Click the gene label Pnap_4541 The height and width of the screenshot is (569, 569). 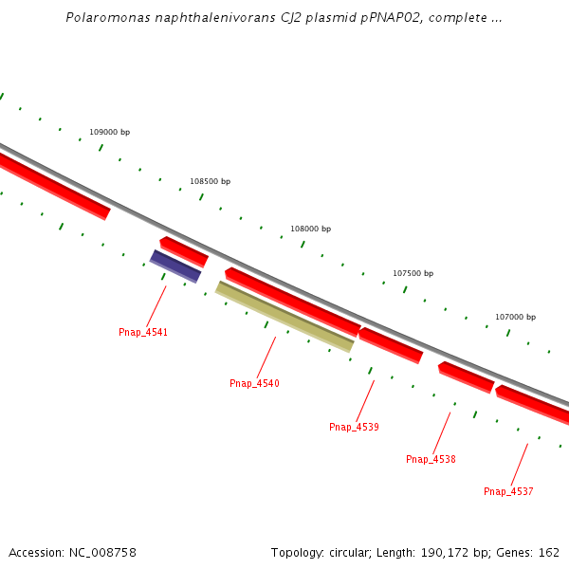point(143,332)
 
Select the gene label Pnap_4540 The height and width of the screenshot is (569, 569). point(254,383)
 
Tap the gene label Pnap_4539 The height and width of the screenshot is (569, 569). point(354,427)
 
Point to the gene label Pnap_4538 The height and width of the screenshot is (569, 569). point(431,459)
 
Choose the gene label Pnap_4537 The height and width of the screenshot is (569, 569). point(508,491)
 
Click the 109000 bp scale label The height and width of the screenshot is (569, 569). point(109,132)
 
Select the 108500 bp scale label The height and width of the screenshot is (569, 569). point(210,181)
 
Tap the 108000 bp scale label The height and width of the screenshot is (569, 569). point(310,229)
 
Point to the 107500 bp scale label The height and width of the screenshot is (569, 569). point(413,273)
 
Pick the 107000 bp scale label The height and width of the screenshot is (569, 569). point(515,317)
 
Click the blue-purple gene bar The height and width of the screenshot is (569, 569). point(175,266)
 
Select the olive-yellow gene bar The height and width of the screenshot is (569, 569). point(284,317)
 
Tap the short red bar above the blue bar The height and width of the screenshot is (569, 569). point(184,251)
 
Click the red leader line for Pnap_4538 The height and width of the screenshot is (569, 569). point(441,432)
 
